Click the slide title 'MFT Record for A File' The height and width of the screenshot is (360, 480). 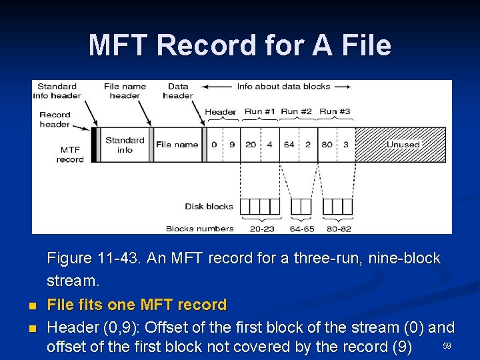[240, 45]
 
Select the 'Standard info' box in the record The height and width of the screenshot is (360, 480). [125, 145]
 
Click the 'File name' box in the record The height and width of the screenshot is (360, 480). [177, 145]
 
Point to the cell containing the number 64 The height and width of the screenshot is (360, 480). [289, 145]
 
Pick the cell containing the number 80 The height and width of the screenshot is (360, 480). [327, 145]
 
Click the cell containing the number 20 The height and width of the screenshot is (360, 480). [250, 145]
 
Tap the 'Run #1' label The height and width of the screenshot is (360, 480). [259, 111]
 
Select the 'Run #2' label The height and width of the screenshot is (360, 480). [297, 111]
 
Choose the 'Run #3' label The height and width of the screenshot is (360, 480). [335, 111]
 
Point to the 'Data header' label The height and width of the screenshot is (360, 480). [178, 91]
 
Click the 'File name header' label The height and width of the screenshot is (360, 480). [125, 91]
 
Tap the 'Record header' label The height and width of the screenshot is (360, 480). [55, 119]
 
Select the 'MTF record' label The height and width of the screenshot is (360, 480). [70, 155]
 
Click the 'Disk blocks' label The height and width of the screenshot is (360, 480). [209, 207]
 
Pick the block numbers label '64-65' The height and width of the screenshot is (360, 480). [301, 229]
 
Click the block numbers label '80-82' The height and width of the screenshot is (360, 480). [338, 229]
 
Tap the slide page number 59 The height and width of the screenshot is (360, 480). [447, 345]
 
